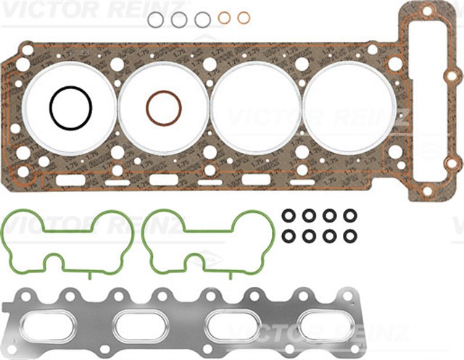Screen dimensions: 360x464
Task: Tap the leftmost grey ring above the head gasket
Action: [x=156, y=20]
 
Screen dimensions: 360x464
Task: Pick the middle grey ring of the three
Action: [x=179, y=20]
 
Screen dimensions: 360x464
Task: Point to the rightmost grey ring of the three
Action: [x=203, y=20]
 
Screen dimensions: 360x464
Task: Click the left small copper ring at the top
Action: [x=225, y=17]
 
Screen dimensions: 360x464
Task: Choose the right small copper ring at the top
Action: [x=244, y=17]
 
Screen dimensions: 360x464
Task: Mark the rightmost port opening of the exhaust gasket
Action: [x=323, y=323]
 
